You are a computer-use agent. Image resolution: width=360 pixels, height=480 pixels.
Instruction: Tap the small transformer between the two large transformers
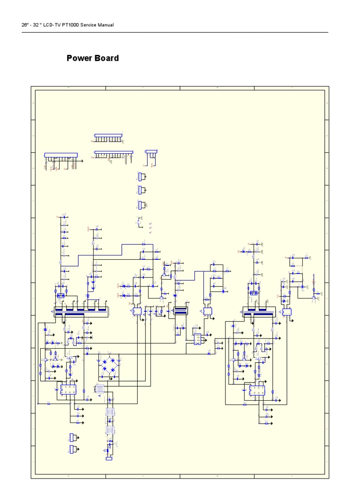[x=180, y=311]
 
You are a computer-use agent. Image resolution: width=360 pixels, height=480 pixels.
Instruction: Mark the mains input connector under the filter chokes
[x=109, y=459]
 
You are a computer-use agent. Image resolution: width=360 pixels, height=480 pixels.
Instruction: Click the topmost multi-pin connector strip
[x=108, y=136]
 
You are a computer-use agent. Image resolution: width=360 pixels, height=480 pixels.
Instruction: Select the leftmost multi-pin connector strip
[x=61, y=155]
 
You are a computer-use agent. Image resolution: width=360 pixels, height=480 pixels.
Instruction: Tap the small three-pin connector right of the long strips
[x=151, y=151]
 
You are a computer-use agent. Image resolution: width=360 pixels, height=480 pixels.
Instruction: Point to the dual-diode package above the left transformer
[x=60, y=295]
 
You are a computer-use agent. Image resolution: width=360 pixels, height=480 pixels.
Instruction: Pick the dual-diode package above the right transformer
[x=254, y=293]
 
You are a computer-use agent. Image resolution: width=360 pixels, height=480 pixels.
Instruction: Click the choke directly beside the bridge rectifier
[x=99, y=389]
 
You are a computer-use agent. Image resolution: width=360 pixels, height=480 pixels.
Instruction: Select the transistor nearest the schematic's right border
[x=314, y=297]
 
